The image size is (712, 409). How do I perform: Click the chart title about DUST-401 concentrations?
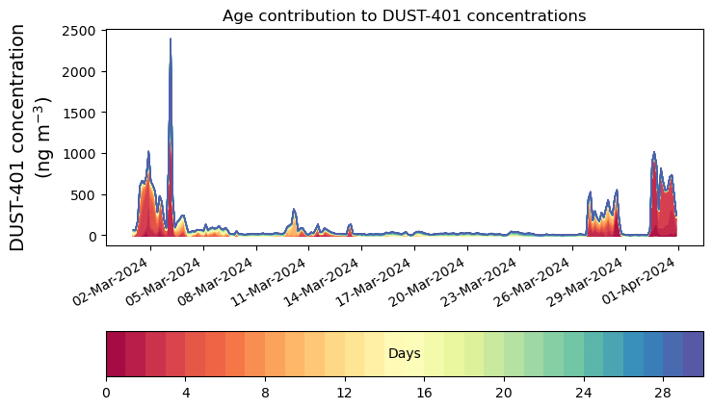[404, 15]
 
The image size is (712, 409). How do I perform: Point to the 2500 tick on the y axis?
[80, 31]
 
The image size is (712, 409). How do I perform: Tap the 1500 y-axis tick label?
[80, 113]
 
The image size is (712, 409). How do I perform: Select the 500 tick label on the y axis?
[84, 194]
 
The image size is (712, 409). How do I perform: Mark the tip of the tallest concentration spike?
[171, 39]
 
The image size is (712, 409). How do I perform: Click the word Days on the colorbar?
[404, 354]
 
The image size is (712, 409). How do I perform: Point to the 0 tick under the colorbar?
[106, 393]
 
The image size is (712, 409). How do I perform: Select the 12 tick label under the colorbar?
[345, 393]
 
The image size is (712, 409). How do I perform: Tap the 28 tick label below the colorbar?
[663, 393]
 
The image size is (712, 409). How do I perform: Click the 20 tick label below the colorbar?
[504, 393]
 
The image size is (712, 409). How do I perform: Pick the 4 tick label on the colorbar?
[186, 393]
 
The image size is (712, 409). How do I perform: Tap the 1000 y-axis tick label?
[80, 154]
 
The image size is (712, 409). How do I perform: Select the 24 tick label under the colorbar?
[583, 393]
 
